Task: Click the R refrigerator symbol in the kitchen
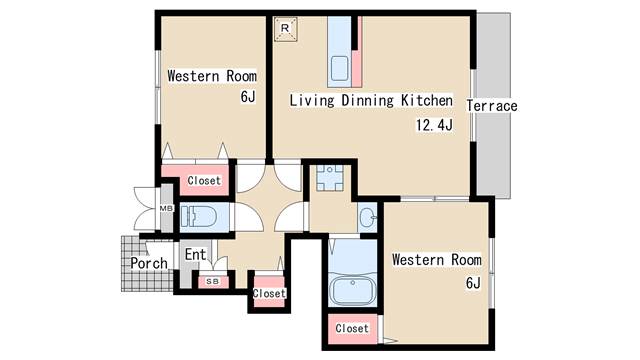click(285, 29)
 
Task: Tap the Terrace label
click(492, 106)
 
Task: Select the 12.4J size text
click(434, 124)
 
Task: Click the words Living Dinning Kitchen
click(371, 100)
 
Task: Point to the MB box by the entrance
click(167, 208)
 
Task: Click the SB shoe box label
click(212, 281)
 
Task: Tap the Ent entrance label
click(196, 255)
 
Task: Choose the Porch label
click(149, 263)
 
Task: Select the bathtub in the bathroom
click(352, 290)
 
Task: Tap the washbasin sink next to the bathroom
click(368, 216)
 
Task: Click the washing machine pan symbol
click(330, 178)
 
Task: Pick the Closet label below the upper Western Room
click(204, 180)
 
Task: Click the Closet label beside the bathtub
click(352, 328)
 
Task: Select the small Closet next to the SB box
click(269, 292)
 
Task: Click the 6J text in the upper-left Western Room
click(248, 97)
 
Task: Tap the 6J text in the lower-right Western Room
click(473, 282)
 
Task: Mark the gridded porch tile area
click(147, 264)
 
